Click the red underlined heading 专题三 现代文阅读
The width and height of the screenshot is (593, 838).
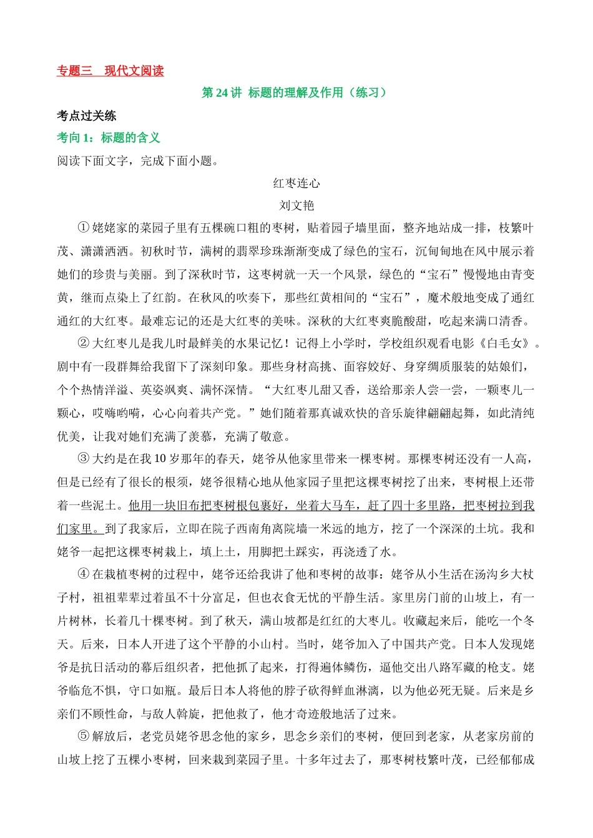pyautogui.click(x=110, y=71)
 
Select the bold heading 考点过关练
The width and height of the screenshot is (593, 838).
pyautogui.click(x=87, y=115)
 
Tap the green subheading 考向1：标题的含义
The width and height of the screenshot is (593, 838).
pyautogui.click(x=109, y=138)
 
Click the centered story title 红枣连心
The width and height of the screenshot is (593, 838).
pyautogui.click(x=296, y=183)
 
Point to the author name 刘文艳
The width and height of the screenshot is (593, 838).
pyautogui.click(x=296, y=205)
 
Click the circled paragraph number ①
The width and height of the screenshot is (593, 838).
pyautogui.click(x=83, y=228)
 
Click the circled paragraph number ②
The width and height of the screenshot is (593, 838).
pyautogui.click(x=83, y=344)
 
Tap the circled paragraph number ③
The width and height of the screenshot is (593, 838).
pyautogui.click(x=83, y=459)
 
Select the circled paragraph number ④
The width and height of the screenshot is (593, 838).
pyautogui.click(x=83, y=574)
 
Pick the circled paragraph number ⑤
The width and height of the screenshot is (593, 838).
pyautogui.click(x=83, y=736)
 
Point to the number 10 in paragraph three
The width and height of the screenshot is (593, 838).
pyautogui.click(x=159, y=459)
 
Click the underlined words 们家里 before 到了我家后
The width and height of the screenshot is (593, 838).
pyautogui.click(x=75, y=529)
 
